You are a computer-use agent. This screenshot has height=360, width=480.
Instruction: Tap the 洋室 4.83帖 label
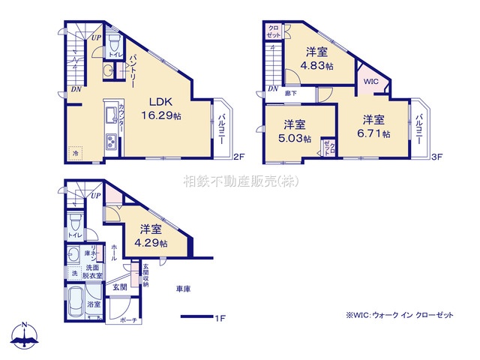(316, 58)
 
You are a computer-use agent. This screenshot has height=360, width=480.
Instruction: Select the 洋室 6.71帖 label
(375, 127)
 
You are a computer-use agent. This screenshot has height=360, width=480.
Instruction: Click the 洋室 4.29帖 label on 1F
(151, 236)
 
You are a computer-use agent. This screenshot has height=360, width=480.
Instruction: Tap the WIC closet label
(371, 82)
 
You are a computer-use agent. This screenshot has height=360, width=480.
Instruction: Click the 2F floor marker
(238, 157)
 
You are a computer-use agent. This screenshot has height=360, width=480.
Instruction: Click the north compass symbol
(25, 336)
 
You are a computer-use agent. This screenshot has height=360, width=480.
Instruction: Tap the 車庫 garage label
(183, 289)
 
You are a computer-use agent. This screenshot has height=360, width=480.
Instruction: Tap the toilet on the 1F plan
(74, 223)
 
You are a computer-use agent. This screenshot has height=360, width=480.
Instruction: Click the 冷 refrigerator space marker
(75, 153)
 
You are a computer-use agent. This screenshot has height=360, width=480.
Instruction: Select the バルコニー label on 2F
(223, 127)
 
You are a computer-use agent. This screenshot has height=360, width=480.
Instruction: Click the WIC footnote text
(400, 315)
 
